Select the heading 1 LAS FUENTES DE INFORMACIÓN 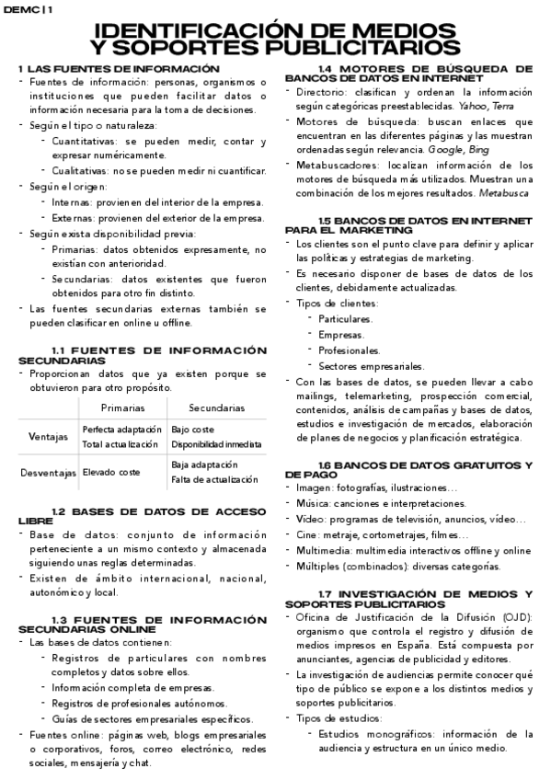[121, 69]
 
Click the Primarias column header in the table [122, 407]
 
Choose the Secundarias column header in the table [216, 407]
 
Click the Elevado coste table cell [110, 472]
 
